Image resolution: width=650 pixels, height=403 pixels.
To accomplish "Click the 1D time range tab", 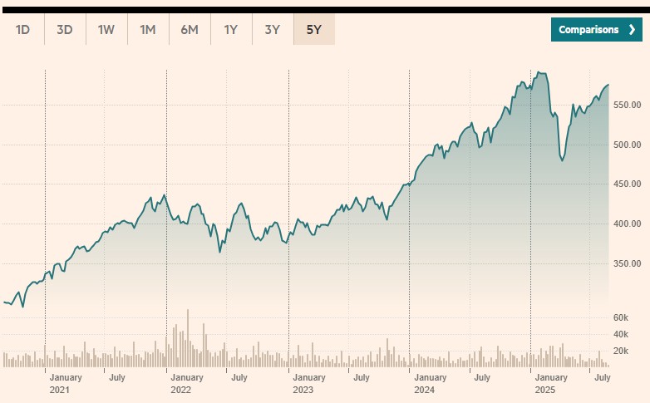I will [x=23, y=30].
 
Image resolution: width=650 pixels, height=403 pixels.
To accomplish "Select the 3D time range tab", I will [x=65, y=30].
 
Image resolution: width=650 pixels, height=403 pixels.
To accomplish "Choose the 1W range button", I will [x=106, y=30].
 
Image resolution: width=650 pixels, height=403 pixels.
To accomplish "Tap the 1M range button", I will [x=148, y=30].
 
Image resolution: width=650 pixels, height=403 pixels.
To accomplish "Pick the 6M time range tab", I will [x=190, y=30].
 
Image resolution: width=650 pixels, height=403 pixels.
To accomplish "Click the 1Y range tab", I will [x=231, y=30].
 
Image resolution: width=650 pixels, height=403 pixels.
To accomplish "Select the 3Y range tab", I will [x=273, y=30].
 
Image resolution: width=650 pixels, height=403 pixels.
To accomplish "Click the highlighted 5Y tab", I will [x=314, y=30].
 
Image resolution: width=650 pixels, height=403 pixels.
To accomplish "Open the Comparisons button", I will [x=596, y=30].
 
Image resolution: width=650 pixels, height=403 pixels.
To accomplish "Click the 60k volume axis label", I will [x=626, y=317].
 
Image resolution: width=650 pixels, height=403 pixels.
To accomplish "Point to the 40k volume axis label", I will [x=626, y=334].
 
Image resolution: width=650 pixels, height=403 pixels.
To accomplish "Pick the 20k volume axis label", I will [x=626, y=351].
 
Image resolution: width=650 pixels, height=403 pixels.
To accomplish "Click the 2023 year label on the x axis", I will [x=303, y=390].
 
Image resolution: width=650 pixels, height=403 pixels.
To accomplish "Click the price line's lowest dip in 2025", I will [x=563, y=160].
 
